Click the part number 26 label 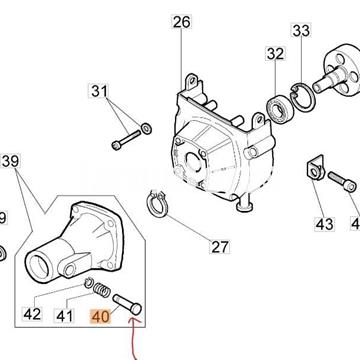click(x=180, y=21)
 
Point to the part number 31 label click(x=126, y=92)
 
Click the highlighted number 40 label click(x=99, y=315)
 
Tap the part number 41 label click(x=66, y=315)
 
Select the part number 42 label click(x=32, y=315)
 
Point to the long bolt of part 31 click(x=126, y=138)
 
